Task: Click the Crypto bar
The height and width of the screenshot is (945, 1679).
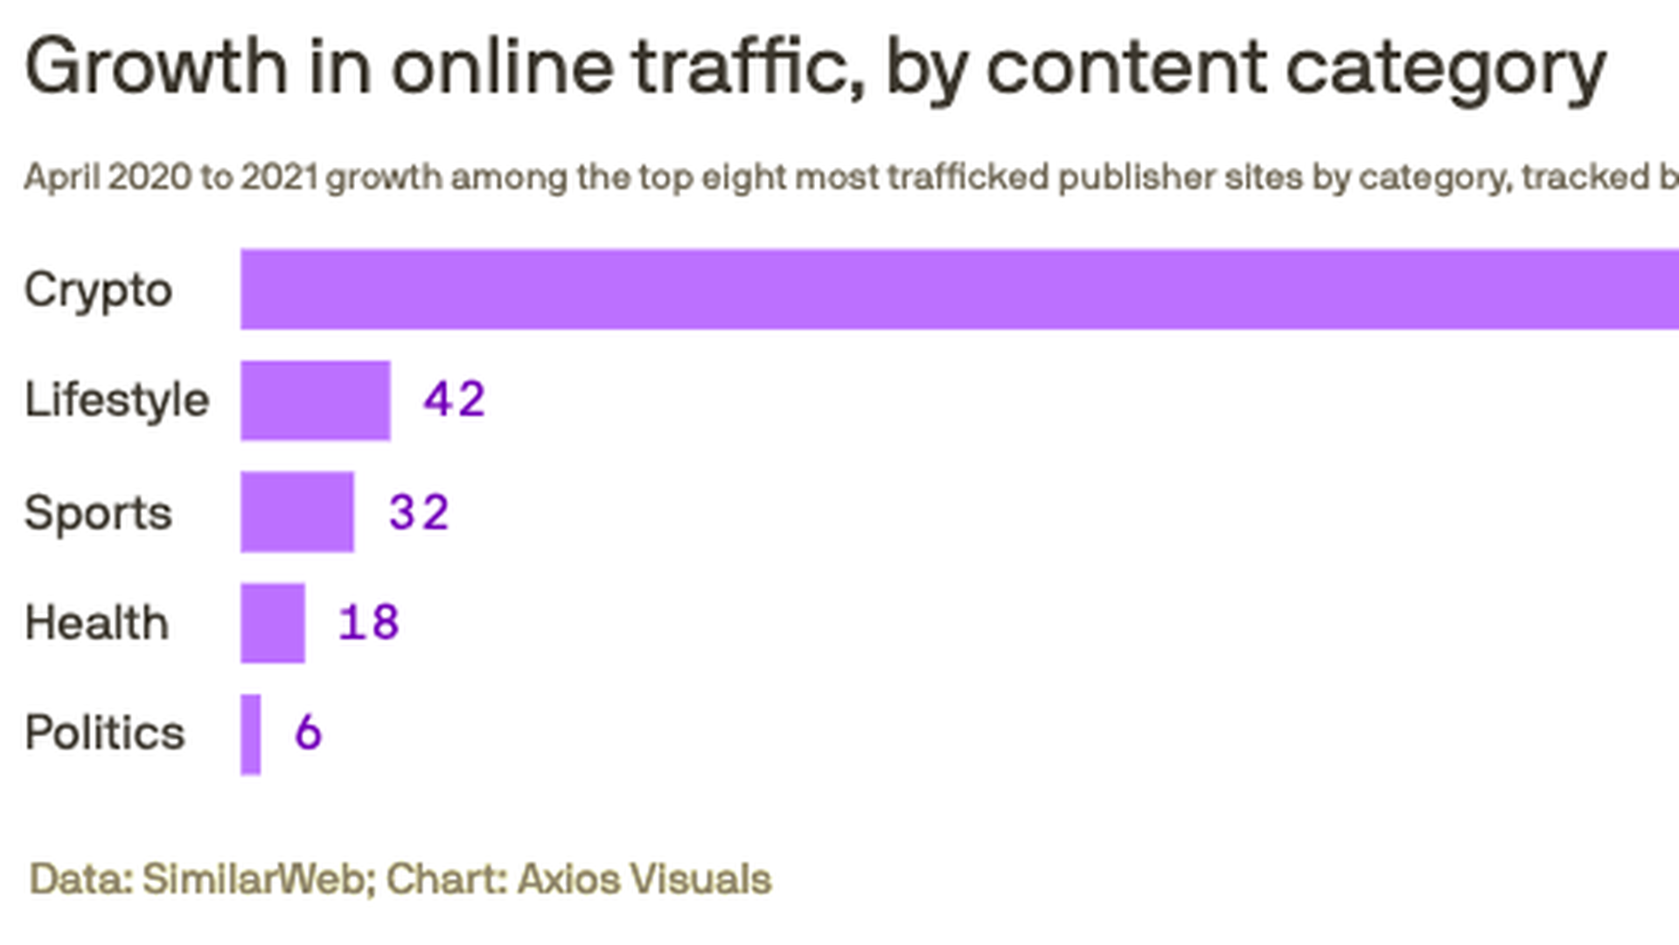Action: click(x=959, y=289)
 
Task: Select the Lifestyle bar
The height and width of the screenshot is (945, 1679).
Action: click(x=316, y=400)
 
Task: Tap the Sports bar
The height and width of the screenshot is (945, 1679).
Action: click(x=297, y=512)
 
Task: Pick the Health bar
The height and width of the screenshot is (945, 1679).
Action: click(x=273, y=623)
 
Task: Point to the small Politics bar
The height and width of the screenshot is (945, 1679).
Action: click(x=251, y=734)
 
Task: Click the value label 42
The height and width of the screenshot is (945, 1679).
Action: click(x=454, y=400)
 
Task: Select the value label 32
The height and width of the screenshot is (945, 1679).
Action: click(x=419, y=512)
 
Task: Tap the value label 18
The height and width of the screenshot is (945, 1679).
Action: click(x=369, y=623)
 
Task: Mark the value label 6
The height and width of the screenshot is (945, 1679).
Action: click(x=308, y=732)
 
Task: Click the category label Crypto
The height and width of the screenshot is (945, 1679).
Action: click(x=98, y=290)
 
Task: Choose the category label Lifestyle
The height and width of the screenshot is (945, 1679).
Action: click(x=117, y=401)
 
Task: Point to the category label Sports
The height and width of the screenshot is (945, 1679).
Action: click(x=98, y=513)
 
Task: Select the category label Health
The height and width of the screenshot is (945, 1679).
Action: click(x=96, y=623)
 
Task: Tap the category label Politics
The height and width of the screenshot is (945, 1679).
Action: click(x=105, y=733)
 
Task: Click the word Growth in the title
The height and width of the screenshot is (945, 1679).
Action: click(x=156, y=66)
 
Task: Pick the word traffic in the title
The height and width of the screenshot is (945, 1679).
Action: click(x=749, y=66)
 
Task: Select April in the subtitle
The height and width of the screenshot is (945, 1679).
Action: click(x=61, y=178)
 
